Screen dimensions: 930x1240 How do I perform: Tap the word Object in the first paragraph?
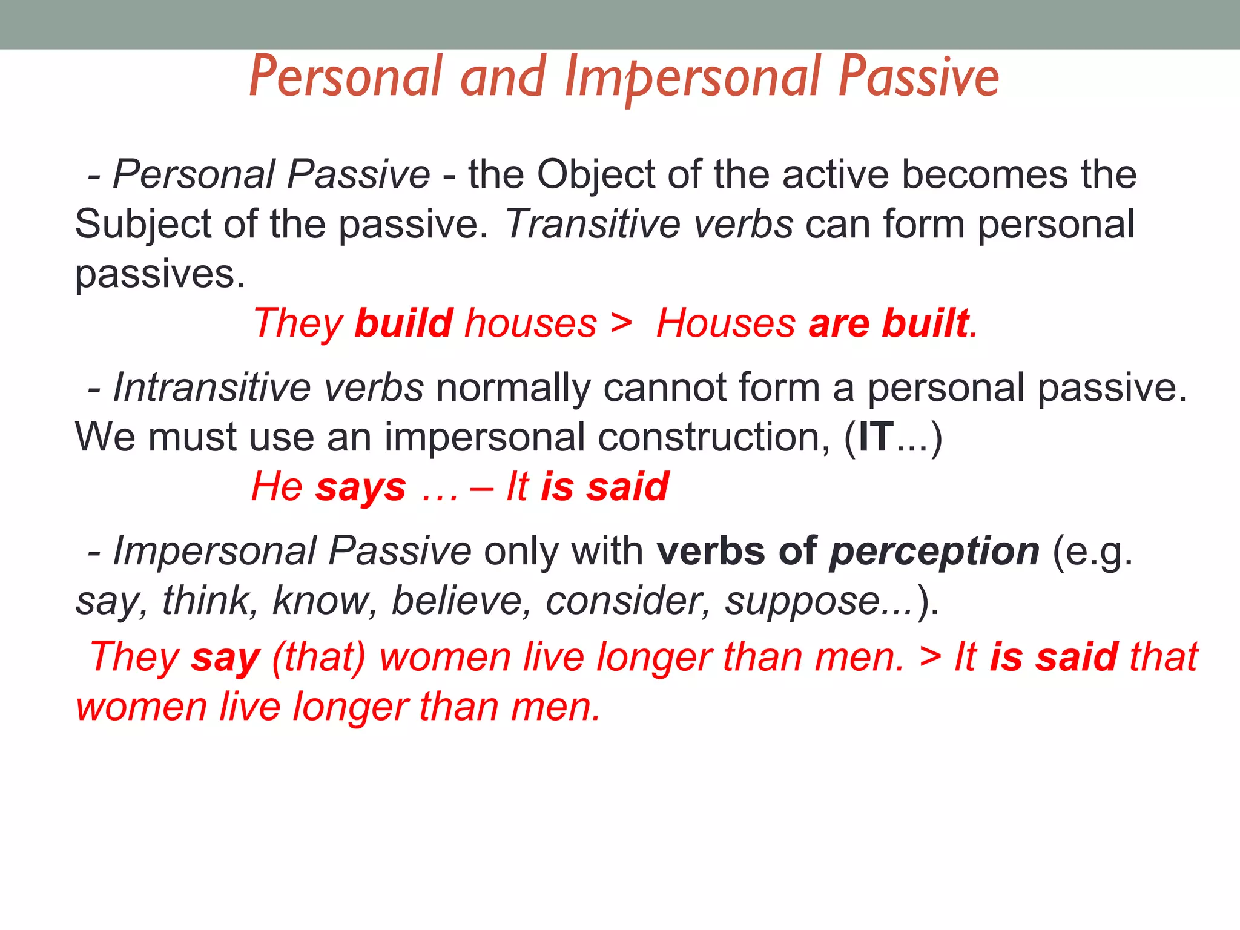(x=596, y=174)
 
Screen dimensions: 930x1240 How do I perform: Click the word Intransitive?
(x=211, y=387)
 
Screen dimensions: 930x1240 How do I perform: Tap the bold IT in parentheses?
(x=876, y=437)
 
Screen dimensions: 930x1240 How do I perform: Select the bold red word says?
(x=360, y=487)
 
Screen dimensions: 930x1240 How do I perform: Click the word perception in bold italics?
(x=934, y=552)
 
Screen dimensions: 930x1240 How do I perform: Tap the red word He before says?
(x=277, y=487)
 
